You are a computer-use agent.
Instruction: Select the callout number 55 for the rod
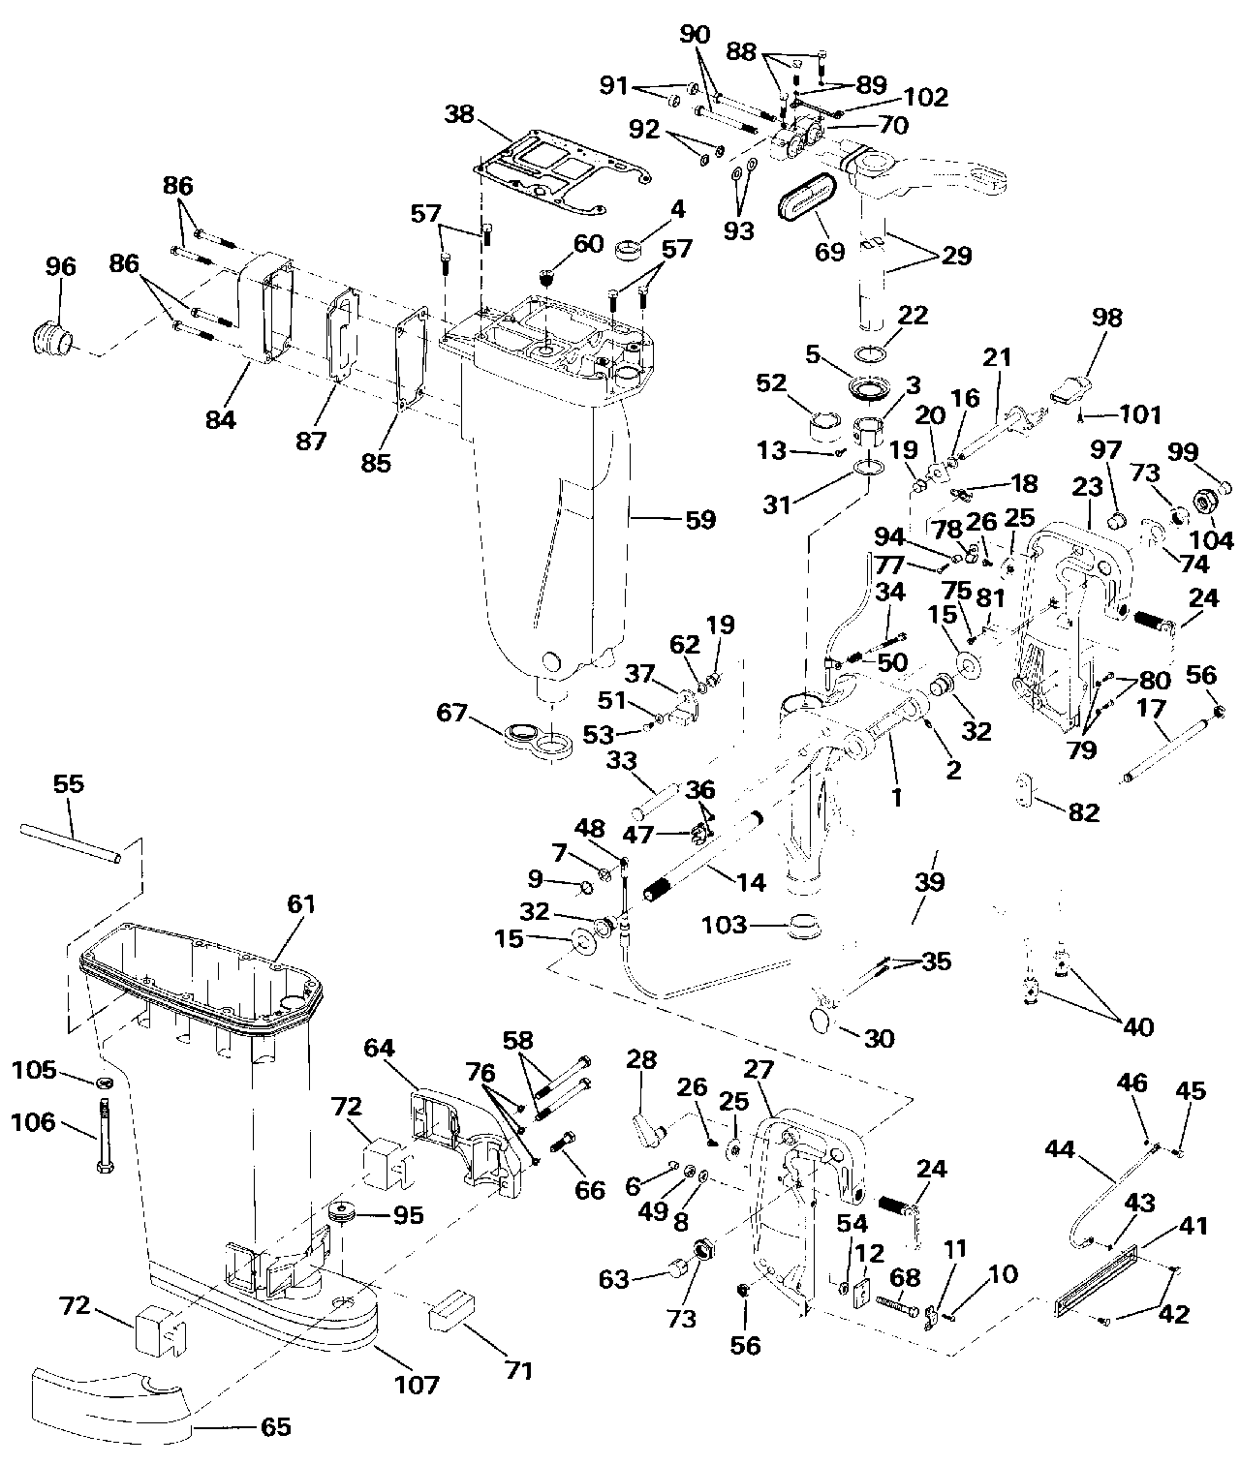coord(69,783)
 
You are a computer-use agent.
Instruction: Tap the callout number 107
coord(416,1384)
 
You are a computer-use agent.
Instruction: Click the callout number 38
coord(459,114)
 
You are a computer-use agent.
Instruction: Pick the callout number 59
coord(699,519)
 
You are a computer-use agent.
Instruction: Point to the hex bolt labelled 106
coord(104,1133)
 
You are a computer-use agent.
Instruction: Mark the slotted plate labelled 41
coord(1099,1283)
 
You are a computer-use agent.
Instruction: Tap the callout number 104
coord(1212,540)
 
